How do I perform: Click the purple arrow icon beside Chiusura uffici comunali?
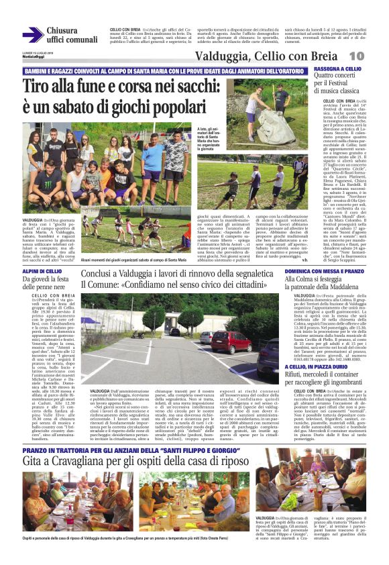[32, 35]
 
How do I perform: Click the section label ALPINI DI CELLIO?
[42, 271]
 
